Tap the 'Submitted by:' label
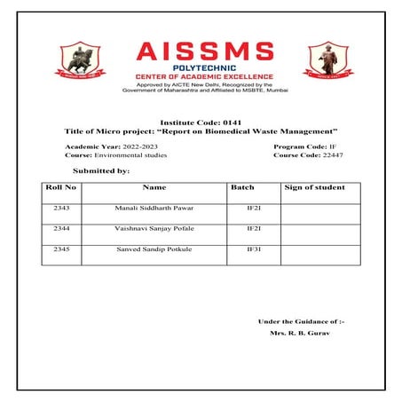tap(101, 169)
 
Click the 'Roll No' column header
tap(60, 187)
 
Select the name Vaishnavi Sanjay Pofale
tap(154, 229)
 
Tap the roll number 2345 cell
tap(61, 251)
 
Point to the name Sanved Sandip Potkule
tap(154, 251)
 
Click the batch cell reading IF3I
tap(253, 251)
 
